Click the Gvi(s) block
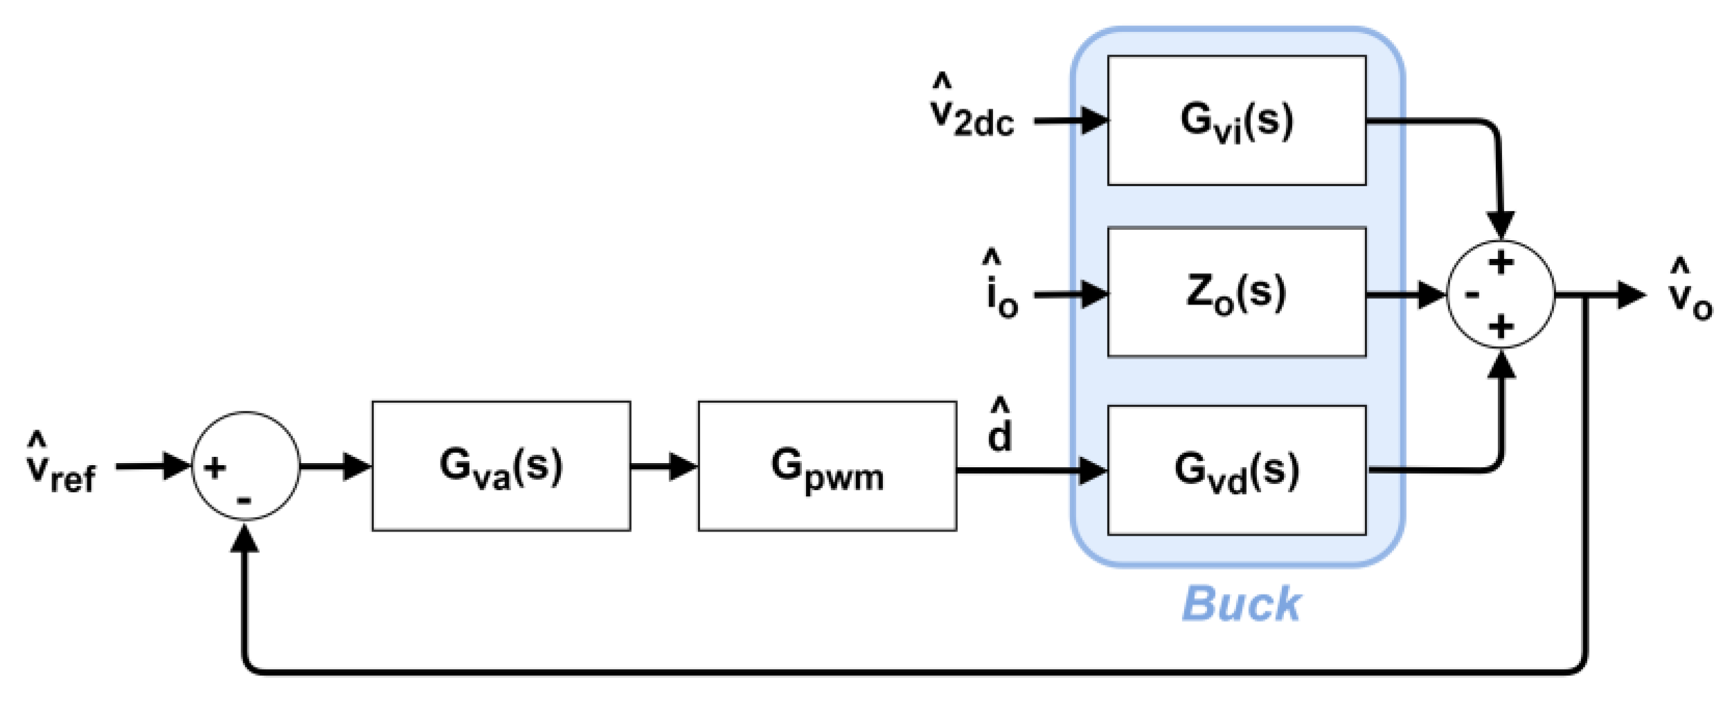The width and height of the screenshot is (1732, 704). tap(1236, 120)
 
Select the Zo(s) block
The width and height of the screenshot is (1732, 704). tap(1236, 292)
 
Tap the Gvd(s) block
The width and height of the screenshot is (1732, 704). tap(1236, 470)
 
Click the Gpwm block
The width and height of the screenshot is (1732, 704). tap(827, 466)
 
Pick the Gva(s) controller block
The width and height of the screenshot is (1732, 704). tap(501, 466)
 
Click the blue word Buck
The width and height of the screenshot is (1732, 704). tap(1241, 604)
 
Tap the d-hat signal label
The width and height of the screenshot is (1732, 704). tap(1000, 427)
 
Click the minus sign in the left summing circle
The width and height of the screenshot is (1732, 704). tap(244, 500)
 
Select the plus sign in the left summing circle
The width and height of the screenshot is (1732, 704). tap(215, 468)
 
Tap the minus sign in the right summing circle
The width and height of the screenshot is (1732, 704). tap(1472, 295)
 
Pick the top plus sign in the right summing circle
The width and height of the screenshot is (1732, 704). tap(1501, 263)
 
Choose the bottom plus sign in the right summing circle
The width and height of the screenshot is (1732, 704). tap(1501, 326)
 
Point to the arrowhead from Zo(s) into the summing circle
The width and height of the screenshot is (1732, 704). tap(1431, 296)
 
